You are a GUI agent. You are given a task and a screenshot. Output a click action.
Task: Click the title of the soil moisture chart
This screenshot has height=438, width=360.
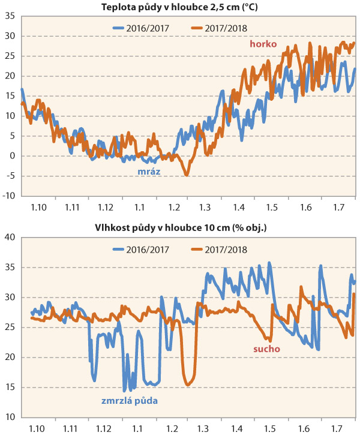tap(180, 228)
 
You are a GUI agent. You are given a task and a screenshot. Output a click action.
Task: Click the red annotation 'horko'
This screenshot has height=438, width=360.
tap(263, 44)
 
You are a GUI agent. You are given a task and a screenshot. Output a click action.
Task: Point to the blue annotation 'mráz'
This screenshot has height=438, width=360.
tap(149, 170)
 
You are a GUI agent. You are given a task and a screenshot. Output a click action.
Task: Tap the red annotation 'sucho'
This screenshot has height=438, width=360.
tap(268, 348)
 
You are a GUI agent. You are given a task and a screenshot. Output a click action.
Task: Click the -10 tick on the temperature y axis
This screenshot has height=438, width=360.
tap(10, 196)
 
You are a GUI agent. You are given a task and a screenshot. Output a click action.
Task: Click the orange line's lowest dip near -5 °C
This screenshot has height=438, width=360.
tap(187, 175)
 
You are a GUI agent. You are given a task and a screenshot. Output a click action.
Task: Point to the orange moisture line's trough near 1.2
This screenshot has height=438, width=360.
tap(189, 384)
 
